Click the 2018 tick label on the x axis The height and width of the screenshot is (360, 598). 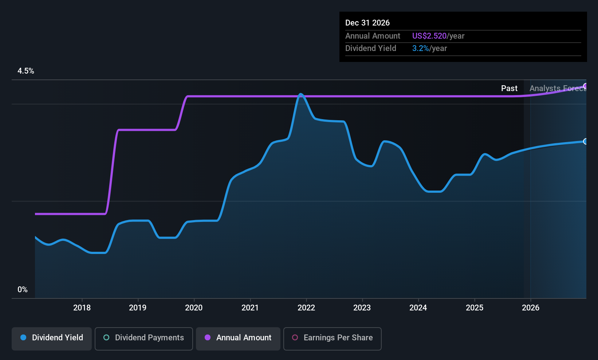(x=82, y=308)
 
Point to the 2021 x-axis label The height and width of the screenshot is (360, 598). (x=250, y=308)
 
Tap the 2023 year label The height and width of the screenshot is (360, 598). (x=362, y=308)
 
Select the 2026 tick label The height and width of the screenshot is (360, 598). (x=530, y=308)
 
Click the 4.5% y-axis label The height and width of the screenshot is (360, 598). (x=26, y=71)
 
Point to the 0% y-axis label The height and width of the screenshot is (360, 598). (x=23, y=290)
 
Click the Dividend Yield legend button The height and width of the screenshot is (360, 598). (x=52, y=338)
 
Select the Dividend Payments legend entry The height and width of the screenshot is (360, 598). (x=144, y=338)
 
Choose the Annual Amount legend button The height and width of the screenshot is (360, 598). (x=238, y=338)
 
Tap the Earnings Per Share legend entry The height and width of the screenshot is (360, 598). (x=333, y=338)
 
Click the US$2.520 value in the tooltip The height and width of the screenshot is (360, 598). (x=429, y=36)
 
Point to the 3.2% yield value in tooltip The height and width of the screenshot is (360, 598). (x=420, y=48)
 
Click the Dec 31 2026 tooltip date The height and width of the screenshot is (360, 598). (x=367, y=23)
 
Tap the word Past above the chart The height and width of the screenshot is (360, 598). (x=509, y=89)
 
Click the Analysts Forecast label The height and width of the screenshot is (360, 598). (x=558, y=89)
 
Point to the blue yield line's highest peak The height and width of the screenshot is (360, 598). (x=300, y=94)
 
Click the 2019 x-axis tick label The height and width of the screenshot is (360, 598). (x=138, y=308)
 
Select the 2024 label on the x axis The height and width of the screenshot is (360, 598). (x=418, y=308)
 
